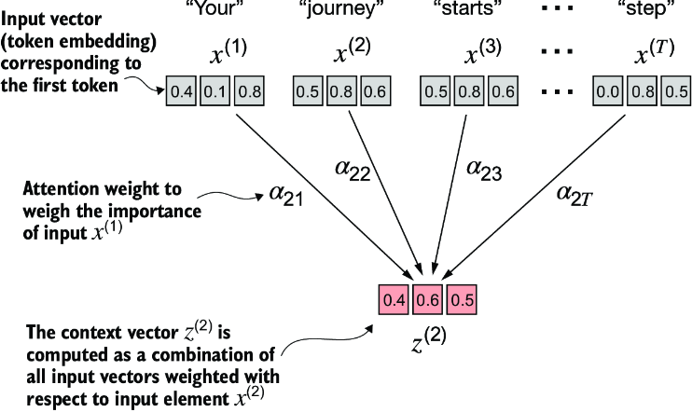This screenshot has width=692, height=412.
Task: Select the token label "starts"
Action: click(x=467, y=10)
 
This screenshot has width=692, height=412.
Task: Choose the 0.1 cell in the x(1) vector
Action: click(x=214, y=91)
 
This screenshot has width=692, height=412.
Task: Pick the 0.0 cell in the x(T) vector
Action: click(x=610, y=91)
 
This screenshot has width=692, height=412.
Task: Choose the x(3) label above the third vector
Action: click(x=473, y=53)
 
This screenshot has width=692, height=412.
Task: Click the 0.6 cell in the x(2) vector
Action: click(x=375, y=91)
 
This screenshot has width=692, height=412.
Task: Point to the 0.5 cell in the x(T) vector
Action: click(x=678, y=91)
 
